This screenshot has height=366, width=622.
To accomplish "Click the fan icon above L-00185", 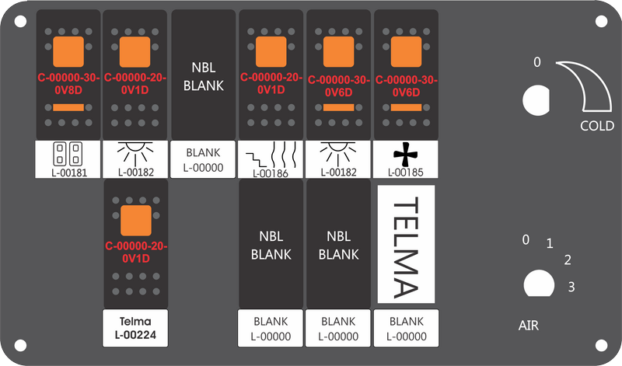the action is coord(406,155).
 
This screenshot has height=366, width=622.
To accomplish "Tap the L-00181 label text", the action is coord(69,173).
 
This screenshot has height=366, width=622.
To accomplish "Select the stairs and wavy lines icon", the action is coord(271,156).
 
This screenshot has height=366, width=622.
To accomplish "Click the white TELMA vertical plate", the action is coord(406,244).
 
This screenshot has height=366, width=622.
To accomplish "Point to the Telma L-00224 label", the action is coord(135,328).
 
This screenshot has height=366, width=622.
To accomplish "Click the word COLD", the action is coord(597,126).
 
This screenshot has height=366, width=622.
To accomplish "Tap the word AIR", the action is coord(529,326).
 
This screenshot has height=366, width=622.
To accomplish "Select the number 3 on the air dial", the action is coord(571,287).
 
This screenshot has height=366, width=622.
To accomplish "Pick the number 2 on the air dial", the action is coord(568,260).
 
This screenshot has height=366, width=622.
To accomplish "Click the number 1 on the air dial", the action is coord(550,243).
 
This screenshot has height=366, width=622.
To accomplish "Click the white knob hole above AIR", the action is coord(539,283).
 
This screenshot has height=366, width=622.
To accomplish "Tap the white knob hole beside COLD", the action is coord(536,100).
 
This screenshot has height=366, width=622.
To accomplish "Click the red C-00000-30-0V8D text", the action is coord(68,84).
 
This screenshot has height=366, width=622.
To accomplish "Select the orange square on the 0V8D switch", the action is coord(68,51).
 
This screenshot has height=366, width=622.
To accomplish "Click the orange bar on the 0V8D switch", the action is coord(68,107).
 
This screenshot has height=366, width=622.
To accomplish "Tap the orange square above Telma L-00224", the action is coord(135,221).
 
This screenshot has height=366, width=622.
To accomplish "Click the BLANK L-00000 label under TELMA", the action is coord(406,329).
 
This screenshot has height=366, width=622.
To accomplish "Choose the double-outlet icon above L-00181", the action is coord(68,154).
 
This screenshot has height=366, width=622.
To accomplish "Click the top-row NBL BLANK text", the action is coord(204,76).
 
